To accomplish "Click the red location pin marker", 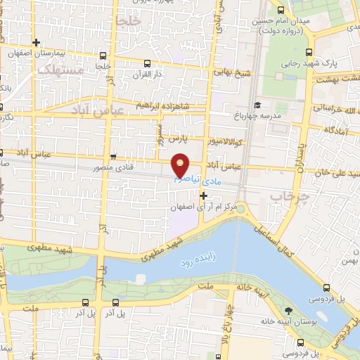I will click(x=181, y=164).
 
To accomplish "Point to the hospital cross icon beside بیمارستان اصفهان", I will click(x=36, y=43).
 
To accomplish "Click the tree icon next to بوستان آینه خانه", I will click(x=288, y=311).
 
